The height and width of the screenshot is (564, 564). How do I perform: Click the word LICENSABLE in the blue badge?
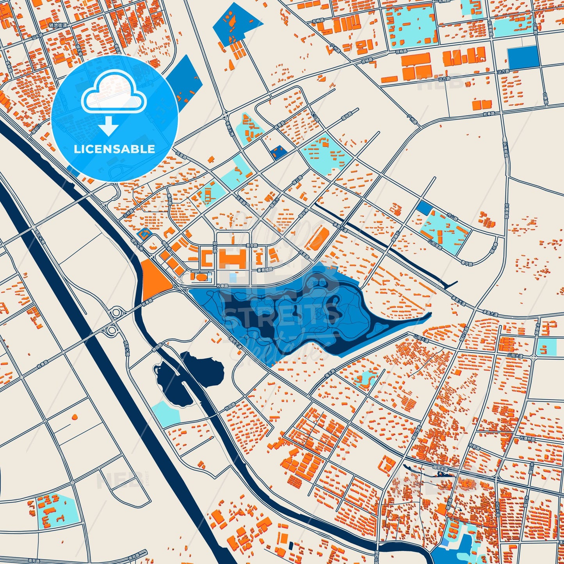point(114,149)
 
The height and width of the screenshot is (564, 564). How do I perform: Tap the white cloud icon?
point(114,94)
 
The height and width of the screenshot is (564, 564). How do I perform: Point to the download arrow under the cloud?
point(109,126)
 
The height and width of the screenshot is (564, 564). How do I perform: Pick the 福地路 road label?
point(346,114)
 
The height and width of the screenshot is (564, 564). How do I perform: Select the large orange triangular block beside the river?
point(153,279)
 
